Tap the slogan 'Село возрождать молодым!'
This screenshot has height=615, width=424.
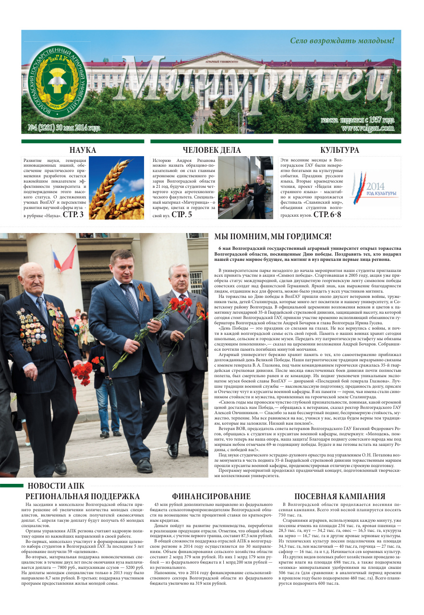(x=342, y=41)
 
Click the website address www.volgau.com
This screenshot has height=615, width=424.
(x=368, y=128)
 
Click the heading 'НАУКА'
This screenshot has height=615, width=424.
(x=83, y=150)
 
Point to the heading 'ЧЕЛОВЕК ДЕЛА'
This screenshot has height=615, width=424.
(x=212, y=150)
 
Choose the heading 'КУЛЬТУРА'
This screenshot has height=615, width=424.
(x=339, y=150)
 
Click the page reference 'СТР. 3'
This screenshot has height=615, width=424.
(x=73, y=215)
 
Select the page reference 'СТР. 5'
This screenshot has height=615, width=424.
(x=182, y=215)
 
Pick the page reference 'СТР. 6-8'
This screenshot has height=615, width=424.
(x=327, y=214)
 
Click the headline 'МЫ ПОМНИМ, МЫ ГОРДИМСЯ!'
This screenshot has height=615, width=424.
(x=273, y=236)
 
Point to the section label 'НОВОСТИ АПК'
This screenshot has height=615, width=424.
(x=56, y=486)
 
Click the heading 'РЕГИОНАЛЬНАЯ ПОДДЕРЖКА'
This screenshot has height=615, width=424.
(x=83, y=496)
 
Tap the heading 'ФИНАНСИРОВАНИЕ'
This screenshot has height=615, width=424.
(x=211, y=496)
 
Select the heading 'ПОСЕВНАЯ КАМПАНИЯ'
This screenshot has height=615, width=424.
(x=339, y=496)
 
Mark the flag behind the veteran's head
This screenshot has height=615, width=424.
(x=64, y=259)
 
